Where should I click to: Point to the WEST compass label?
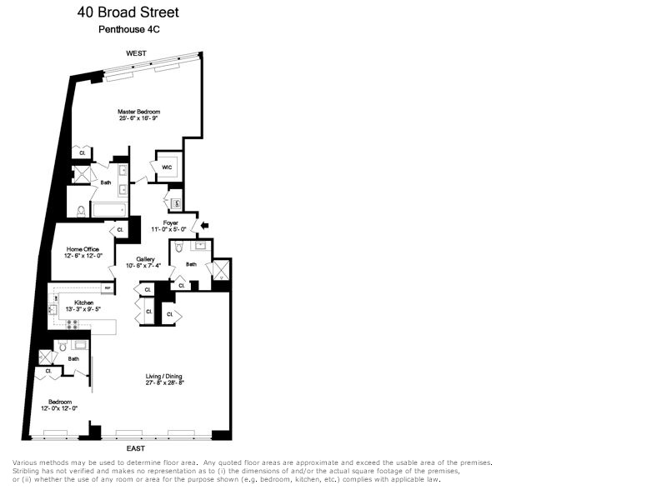click(136, 53)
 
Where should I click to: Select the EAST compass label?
click(136, 448)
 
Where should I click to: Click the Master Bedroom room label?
click(138, 112)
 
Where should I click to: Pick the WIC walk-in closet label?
click(167, 167)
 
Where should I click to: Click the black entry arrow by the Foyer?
click(206, 224)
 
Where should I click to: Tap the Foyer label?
click(171, 222)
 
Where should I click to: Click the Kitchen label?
click(83, 302)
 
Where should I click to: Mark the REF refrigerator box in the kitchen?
click(108, 288)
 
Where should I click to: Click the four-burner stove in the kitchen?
click(73, 323)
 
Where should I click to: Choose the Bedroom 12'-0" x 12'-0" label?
click(59, 402)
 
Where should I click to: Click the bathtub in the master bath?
click(108, 210)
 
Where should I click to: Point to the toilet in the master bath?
click(81, 211)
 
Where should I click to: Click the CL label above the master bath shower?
click(83, 152)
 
